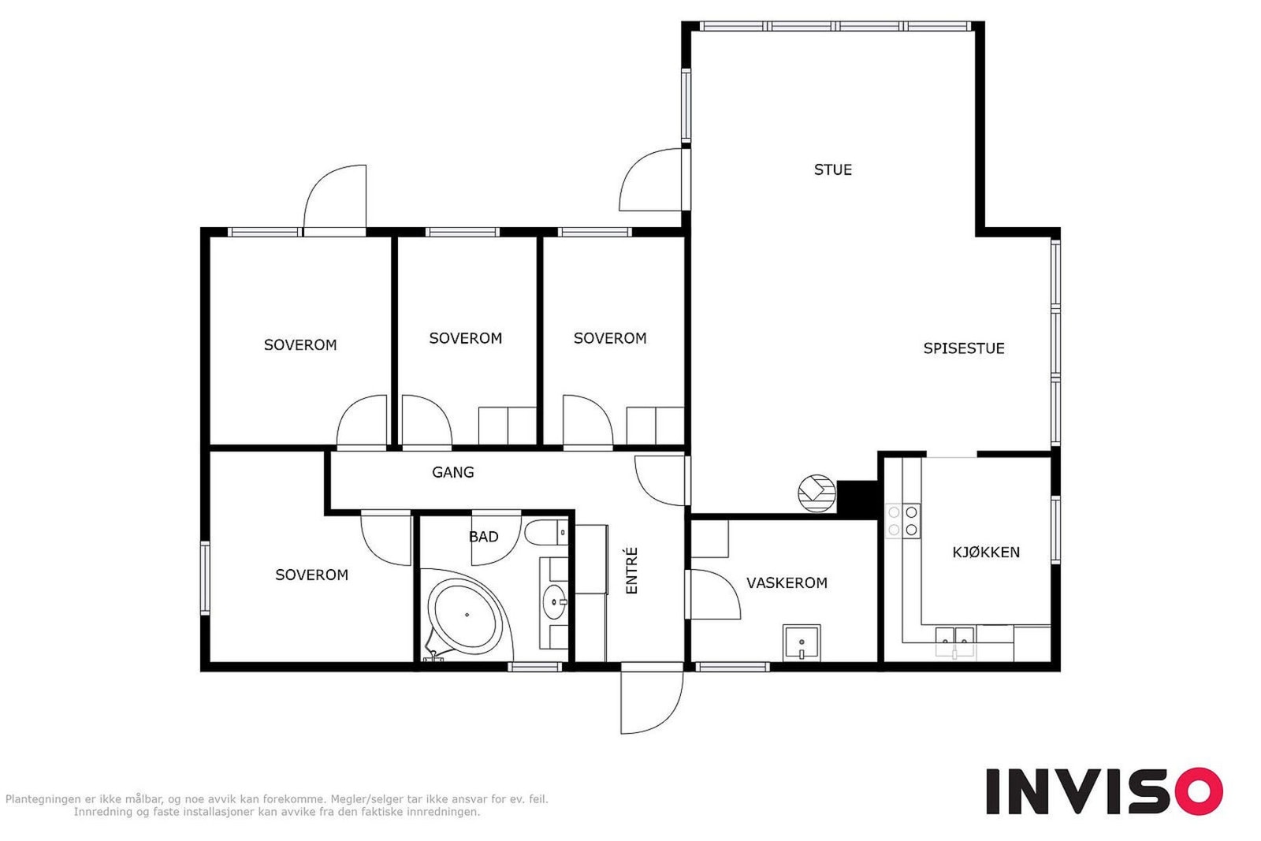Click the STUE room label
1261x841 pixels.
(832, 169)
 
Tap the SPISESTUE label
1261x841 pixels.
(964, 348)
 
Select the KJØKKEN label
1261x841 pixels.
(986, 553)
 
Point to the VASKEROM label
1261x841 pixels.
(787, 582)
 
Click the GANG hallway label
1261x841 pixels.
(452, 472)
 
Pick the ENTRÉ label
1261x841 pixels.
(631, 570)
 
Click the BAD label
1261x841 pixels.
(484, 537)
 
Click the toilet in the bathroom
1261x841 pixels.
(545, 532)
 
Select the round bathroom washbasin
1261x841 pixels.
(555, 601)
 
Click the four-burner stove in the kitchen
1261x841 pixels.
(902, 521)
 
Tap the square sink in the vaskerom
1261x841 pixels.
(801, 642)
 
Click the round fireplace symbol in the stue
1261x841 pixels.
(816, 493)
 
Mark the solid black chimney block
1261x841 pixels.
(857, 498)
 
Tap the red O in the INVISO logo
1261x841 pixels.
(1199, 791)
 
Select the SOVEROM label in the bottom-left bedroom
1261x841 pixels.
(311, 575)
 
